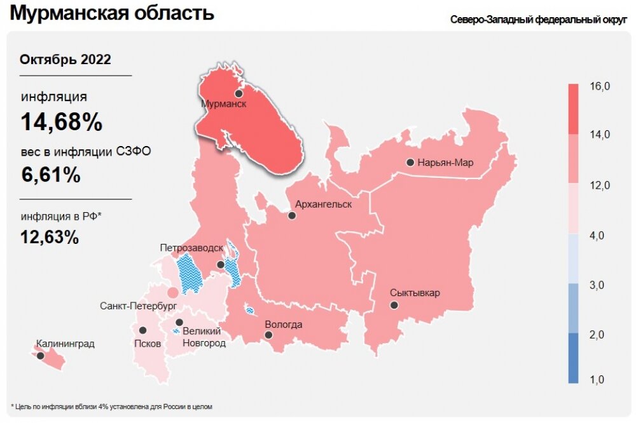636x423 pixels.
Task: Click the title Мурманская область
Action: tap(112, 13)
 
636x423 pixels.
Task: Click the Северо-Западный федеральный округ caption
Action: tap(539, 20)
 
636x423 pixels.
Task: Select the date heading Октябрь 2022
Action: tap(66, 60)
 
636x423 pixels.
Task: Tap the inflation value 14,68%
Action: tap(62, 122)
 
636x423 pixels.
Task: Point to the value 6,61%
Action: tap(51, 174)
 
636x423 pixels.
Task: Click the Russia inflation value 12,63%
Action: tap(50, 237)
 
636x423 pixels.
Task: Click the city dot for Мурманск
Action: tap(238, 93)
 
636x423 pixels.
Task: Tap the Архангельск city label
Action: tap(323, 205)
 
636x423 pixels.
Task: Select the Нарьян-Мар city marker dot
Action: tap(410, 163)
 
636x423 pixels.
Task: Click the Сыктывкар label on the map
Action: tap(415, 293)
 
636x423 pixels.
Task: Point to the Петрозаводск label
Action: tap(191, 247)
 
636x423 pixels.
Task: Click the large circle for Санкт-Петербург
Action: tap(172, 293)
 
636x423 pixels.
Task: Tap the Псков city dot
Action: tap(143, 330)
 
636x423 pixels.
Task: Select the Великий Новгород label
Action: tap(204, 337)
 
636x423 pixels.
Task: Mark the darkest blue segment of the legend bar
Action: tap(573, 358)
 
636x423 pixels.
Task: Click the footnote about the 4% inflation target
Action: tap(111, 406)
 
